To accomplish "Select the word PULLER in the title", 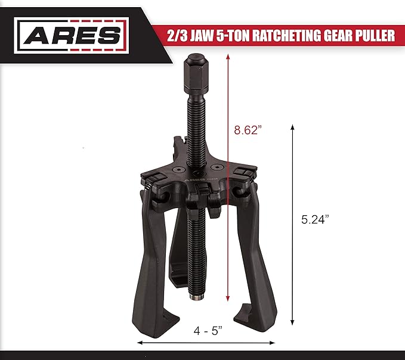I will coord(375,36).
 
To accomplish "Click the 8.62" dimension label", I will coord(248,131).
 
